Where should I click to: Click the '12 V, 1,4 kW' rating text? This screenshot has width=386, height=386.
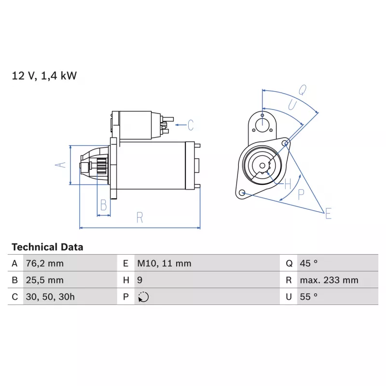coord(44,76)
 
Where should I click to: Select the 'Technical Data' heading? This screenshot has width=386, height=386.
coord(47,247)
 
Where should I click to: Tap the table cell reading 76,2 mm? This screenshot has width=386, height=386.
coord(44,263)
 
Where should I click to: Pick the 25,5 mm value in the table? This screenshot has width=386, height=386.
coord(44,280)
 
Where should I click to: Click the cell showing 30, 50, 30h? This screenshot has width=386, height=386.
coord(51,297)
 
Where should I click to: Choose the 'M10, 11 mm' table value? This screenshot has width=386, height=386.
coord(164,263)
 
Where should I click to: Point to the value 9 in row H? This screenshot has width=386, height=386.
coord(140,280)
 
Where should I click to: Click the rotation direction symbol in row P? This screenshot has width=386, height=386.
coord(143,297)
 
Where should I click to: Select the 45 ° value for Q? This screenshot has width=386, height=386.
coord(309,263)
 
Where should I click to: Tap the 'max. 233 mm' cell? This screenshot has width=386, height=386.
coord(329,280)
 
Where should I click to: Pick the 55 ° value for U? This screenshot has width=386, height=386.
coord(309,297)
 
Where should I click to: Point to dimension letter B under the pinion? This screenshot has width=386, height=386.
coord(103,206)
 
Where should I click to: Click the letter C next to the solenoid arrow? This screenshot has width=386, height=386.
coord(191,125)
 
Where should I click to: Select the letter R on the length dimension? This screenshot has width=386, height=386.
coord(140,218)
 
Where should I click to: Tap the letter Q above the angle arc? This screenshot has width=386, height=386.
coord(302,89)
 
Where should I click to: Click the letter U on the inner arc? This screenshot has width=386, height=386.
coord(292,105)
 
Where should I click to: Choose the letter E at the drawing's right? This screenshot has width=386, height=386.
coord(328,213)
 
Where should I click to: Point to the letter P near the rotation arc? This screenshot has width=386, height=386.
coord(301,194)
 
